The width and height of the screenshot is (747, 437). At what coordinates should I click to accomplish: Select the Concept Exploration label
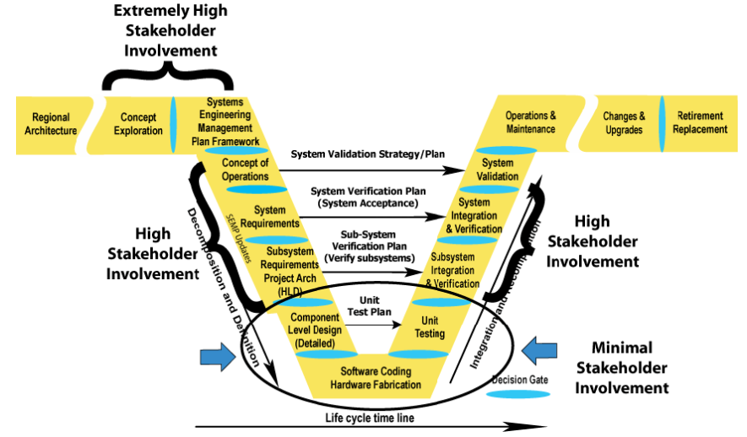139,124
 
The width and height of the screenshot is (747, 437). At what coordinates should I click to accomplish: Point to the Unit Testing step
431,327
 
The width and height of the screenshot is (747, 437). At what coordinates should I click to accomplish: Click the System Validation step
498,170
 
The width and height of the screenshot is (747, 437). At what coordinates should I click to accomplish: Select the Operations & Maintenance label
530,122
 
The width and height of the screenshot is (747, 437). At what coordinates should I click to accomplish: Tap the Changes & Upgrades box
624,124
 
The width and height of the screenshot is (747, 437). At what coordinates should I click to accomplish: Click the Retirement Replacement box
701,123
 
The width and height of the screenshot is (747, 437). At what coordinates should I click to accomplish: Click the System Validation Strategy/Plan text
367,154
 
